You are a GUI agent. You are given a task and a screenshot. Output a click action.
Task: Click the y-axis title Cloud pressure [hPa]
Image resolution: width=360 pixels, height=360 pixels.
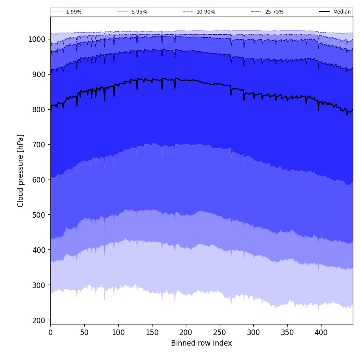(21, 170)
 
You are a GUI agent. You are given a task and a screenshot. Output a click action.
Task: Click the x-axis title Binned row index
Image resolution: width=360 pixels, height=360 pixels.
(202, 343)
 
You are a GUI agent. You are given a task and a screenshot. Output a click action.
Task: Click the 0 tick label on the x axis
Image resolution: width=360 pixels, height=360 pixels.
(50, 332)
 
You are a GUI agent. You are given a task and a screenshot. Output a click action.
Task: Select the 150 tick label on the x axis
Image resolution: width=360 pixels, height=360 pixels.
(152, 332)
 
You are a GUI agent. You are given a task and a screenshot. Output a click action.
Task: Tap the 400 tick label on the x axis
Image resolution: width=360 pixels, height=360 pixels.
(321, 332)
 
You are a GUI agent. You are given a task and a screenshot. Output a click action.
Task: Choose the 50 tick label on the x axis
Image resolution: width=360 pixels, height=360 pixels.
(84, 332)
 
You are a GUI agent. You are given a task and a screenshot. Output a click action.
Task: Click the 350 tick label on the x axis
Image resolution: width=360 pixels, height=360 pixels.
(287, 332)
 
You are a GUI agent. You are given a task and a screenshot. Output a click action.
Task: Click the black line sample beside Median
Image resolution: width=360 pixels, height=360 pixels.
(324, 12)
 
